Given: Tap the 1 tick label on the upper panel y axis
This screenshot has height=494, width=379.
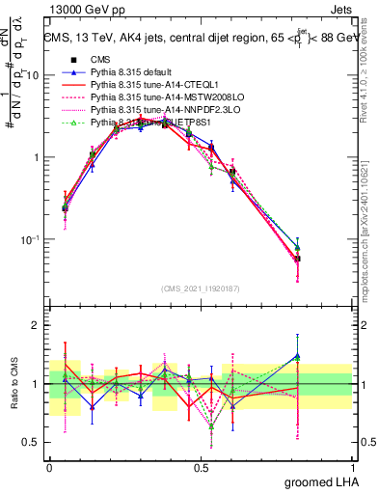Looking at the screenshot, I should (35, 157).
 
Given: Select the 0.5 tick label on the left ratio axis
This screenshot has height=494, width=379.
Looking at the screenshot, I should (30, 442).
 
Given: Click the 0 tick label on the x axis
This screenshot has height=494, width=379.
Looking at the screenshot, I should (49, 467).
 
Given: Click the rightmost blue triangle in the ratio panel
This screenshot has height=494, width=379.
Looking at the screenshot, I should (297, 356).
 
